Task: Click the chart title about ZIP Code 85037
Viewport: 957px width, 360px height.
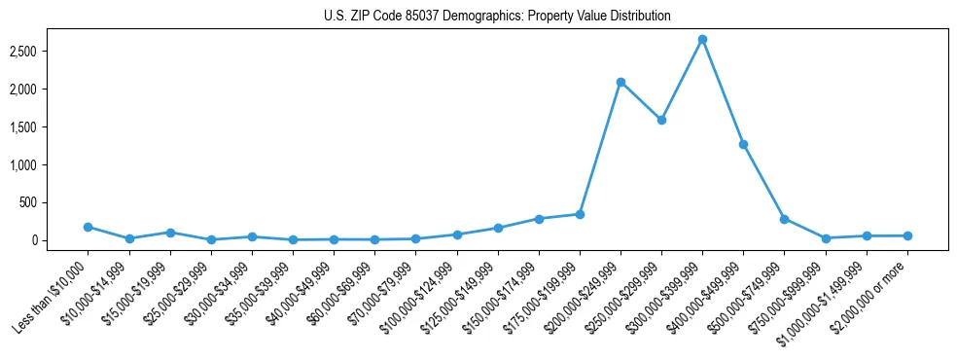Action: coord(497,17)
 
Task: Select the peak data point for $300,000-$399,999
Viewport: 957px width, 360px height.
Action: coord(702,40)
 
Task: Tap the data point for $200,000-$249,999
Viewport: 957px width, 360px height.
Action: coord(620,83)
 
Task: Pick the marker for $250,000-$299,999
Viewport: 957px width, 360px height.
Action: coord(661,121)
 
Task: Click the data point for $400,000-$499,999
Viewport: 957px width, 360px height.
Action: coord(743,144)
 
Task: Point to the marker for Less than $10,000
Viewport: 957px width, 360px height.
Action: coord(89,227)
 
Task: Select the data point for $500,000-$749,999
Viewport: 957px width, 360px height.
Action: coord(784,219)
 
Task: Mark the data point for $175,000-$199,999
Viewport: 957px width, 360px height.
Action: coord(580,214)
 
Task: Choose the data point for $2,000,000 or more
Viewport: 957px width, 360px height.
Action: coord(907,235)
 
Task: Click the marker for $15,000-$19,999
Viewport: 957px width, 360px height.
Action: coord(170,233)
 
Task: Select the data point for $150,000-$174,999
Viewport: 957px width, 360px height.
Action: coord(539,219)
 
